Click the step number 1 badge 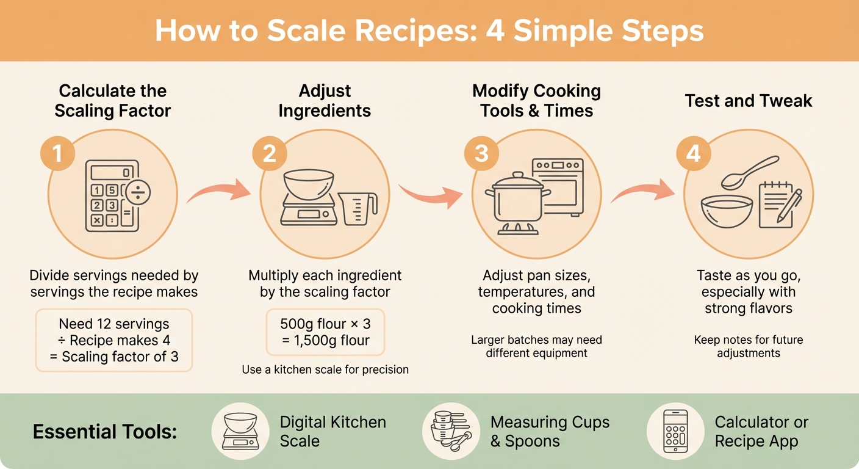pos(58,153)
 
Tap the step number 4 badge pos(694,153)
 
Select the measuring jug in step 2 pos(358,209)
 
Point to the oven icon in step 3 pos(558,186)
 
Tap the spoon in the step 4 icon pos(749,172)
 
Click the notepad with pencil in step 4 pos(780,205)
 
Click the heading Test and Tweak pos(749,101)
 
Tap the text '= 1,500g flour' pos(325,341)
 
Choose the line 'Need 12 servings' pos(114,324)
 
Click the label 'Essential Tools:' pos(104,432)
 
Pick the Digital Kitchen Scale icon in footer pos(240,431)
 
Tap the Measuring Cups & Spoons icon pos(451,431)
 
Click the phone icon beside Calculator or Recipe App pos(675,431)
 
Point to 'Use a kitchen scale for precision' pos(325,369)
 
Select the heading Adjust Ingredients pos(325,101)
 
